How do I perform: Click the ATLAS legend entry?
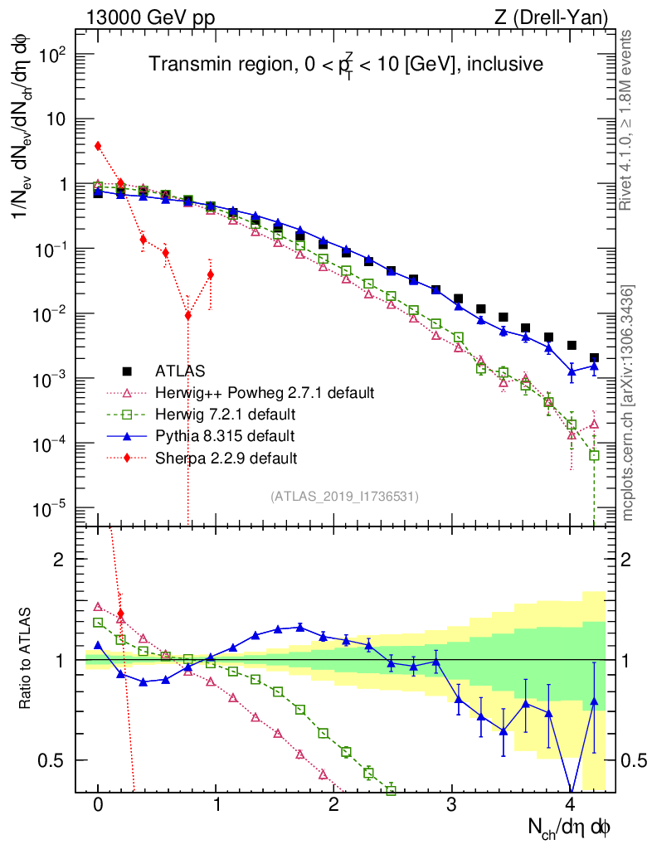tap(181, 371)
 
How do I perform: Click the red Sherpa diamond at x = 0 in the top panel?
tap(98, 146)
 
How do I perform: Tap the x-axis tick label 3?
tap(452, 805)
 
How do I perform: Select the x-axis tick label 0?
tap(98, 805)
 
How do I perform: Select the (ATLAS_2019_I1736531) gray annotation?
tap(344, 497)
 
